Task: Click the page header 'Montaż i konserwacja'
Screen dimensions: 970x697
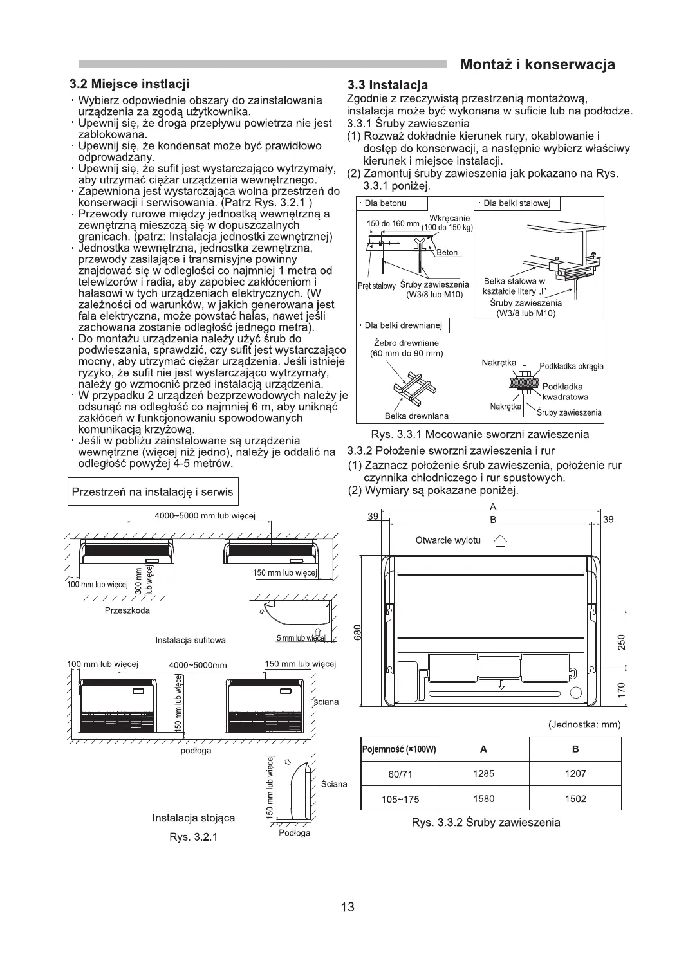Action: coord(537,64)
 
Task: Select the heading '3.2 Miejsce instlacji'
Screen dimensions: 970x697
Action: coord(129,84)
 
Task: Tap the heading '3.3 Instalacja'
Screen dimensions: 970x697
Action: coord(387,85)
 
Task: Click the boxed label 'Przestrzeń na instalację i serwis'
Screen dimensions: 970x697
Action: coord(153,492)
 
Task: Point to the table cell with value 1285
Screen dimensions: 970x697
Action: coord(483,774)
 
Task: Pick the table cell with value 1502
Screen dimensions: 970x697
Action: coord(575,799)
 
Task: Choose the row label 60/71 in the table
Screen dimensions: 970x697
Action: coord(400,774)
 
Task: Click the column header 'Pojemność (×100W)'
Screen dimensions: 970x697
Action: coord(400,749)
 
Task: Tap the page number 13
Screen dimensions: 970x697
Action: coord(348,907)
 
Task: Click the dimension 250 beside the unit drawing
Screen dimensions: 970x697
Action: coord(621,642)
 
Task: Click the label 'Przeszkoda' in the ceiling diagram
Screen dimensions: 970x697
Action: coord(127,610)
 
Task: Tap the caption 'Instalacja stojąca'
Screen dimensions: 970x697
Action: coord(194,818)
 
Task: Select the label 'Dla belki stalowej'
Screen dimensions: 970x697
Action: coord(517,203)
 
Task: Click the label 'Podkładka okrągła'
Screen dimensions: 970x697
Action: coord(571,366)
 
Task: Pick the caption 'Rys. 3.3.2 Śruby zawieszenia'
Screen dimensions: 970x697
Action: coord(486,823)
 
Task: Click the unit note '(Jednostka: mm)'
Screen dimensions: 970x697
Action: coord(584,724)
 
